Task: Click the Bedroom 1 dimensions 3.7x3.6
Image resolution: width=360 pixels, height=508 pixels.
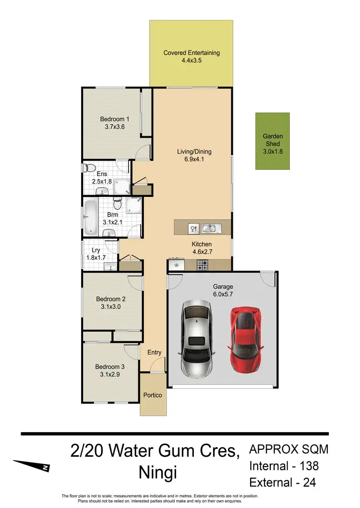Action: [x=115, y=127]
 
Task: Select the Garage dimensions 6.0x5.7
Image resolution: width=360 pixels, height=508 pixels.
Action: [x=223, y=294]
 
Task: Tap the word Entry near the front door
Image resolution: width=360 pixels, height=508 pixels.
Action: [x=155, y=352]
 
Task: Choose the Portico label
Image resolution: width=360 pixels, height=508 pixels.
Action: [x=153, y=395]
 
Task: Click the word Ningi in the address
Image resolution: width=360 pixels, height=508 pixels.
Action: [x=157, y=472]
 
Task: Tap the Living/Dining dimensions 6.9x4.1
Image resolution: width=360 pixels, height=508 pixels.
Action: [x=194, y=160]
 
